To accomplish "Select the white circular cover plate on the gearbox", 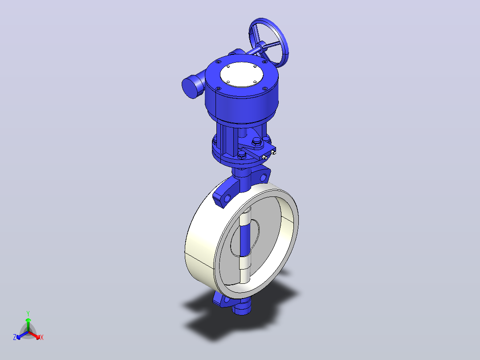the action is [x=241, y=74].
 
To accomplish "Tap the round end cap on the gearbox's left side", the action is [x=190, y=87].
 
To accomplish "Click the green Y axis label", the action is [x=28, y=313].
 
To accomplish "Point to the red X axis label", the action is [x=42, y=337].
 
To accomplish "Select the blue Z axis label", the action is [x=15, y=337].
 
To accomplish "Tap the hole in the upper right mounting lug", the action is [x=263, y=177].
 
